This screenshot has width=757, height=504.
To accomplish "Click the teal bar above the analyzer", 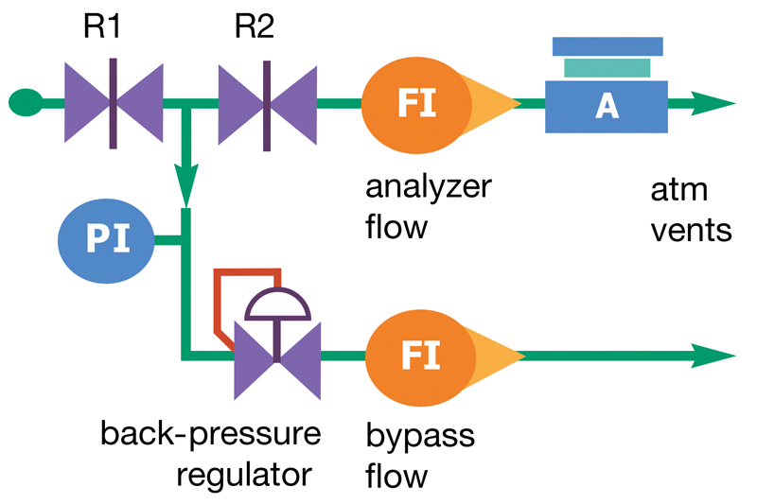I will click(607, 67).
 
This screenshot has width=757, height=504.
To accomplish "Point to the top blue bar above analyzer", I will click(607, 45).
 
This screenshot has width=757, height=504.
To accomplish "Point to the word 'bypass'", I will click(420, 437).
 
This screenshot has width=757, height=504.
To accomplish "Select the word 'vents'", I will click(691, 230).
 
